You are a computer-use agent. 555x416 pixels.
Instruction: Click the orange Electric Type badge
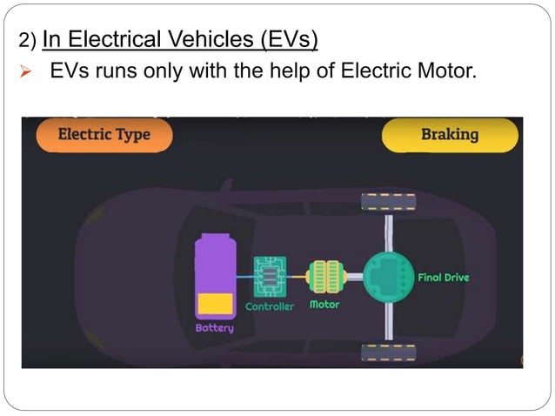[x=104, y=135]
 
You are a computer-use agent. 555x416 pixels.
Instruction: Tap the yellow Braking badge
[x=450, y=135]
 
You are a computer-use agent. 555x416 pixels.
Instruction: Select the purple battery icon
[x=215, y=276]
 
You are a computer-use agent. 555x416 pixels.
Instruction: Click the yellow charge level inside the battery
[x=215, y=304]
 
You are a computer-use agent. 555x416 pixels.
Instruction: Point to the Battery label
[x=215, y=328]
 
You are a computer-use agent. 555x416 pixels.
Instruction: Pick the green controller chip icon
[x=270, y=277]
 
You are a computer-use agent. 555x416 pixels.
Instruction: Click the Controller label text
[x=270, y=306]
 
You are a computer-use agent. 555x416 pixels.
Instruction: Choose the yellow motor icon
[x=326, y=277]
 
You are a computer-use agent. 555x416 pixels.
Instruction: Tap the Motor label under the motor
[x=324, y=305]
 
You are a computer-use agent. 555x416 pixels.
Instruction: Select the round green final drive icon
[x=389, y=277]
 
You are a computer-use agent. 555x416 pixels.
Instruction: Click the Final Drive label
[x=444, y=278]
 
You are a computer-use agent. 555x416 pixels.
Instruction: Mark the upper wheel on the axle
[x=389, y=202]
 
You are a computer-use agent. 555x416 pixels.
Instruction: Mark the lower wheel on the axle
[x=389, y=353]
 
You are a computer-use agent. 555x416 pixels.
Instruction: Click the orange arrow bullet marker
[x=25, y=71]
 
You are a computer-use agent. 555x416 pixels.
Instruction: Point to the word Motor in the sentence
[x=447, y=70]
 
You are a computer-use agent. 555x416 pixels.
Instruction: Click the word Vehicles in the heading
[x=210, y=39]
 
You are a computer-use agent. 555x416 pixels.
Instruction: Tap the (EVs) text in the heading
[x=289, y=40]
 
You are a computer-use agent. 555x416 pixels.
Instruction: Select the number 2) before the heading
[x=27, y=40]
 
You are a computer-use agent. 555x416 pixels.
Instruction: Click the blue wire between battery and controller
[x=245, y=277]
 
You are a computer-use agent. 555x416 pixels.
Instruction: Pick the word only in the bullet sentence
[x=164, y=71]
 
